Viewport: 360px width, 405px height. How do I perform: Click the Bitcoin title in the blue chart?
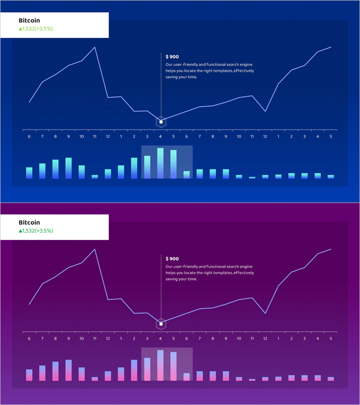tap(29, 20)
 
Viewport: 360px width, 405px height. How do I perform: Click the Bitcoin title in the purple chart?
tap(29, 222)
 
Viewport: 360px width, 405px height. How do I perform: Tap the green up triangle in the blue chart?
tap(20, 29)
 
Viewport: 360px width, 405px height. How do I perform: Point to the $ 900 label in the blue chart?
tap(172, 57)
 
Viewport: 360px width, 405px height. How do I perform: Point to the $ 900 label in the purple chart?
tap(172, 259)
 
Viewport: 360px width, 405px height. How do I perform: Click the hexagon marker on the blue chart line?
tap(161, 121)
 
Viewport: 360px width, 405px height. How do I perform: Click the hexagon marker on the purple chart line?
tap(161, 324)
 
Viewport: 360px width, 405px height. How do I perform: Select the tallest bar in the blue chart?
tap(160, 163)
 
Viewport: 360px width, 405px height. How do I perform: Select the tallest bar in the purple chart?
tap(160, 365)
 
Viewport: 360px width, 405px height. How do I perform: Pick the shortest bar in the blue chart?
tap(252, 178)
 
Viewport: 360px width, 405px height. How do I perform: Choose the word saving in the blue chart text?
tap(172, 77)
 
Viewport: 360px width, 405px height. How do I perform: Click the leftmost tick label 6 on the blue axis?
tap(29, 136)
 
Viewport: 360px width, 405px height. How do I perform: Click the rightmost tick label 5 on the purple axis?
tap(331, 338)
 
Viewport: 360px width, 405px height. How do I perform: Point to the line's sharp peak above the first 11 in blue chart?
tap(95, 47)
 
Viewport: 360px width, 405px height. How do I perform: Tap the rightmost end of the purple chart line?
tap(331, 249)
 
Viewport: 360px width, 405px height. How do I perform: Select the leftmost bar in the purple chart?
tap(29, 375)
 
